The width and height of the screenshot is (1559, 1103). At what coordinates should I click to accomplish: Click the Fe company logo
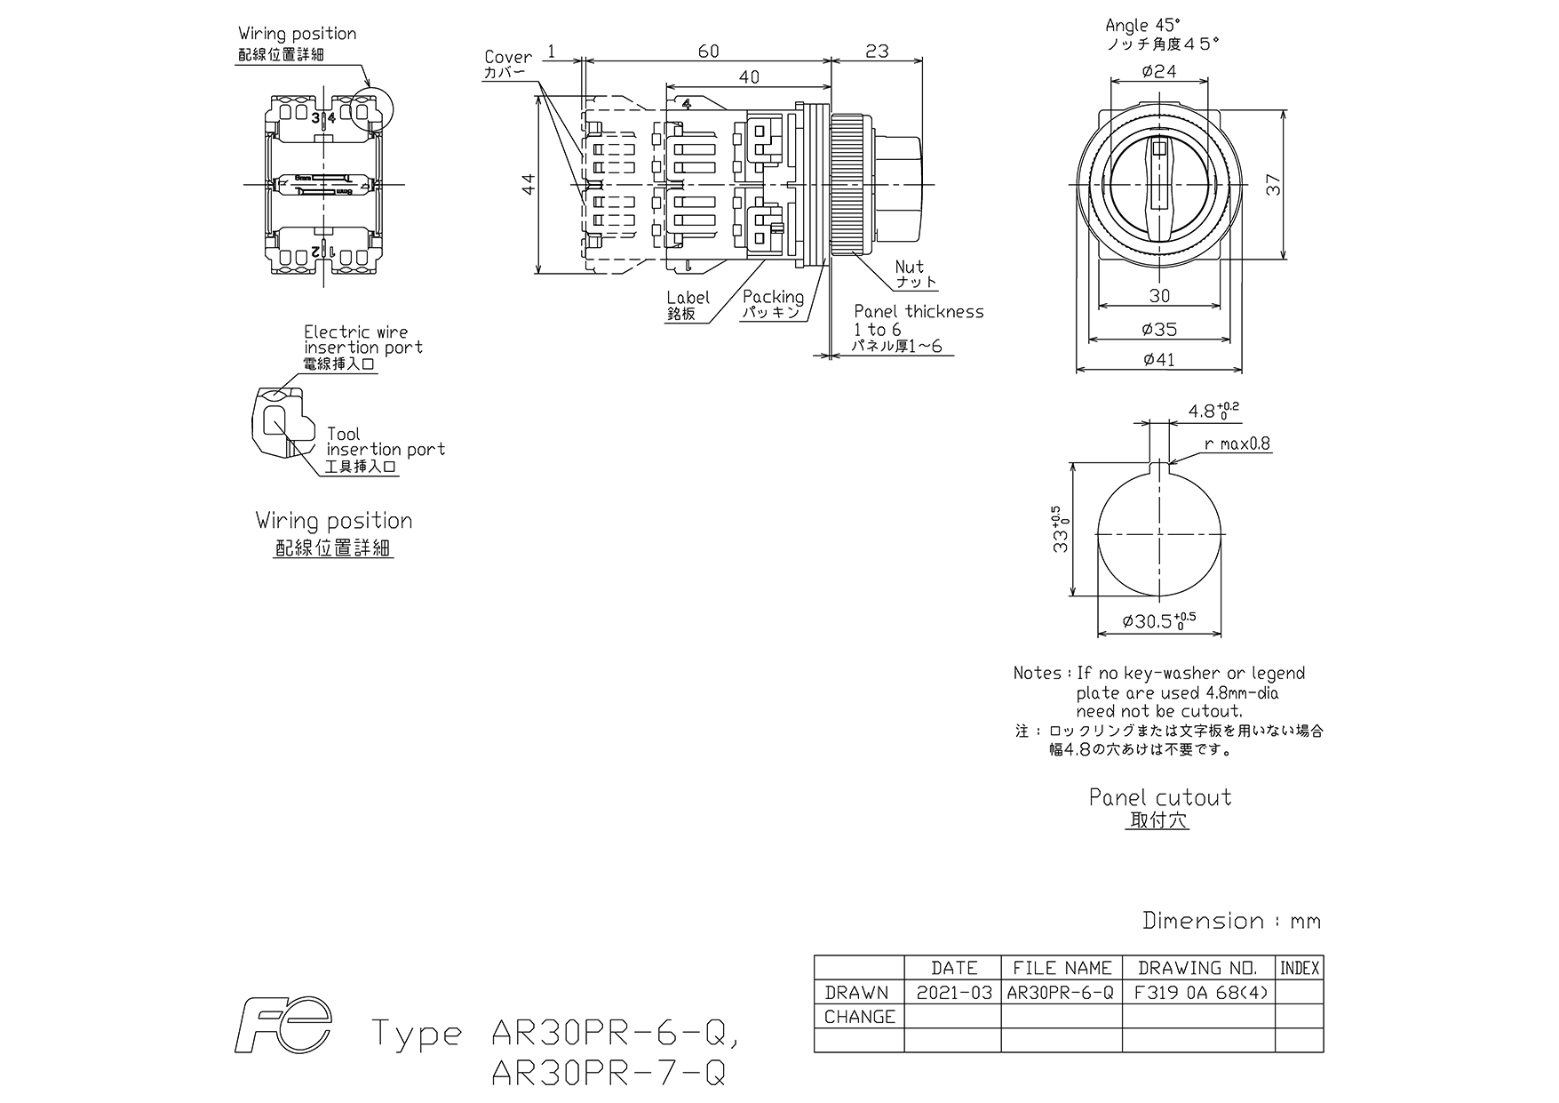282,1025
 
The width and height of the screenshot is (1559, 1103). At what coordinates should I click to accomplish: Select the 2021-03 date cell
953,992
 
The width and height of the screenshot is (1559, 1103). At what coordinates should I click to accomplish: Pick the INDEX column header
1299,968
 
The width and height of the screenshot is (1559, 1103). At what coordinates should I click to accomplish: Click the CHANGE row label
860,1017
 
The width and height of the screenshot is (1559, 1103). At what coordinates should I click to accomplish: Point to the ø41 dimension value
1159,359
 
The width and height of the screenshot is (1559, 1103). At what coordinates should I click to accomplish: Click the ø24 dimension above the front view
1159,71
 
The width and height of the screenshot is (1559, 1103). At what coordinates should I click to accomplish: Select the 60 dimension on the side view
708,52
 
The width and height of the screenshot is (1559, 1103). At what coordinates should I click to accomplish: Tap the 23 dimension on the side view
877,52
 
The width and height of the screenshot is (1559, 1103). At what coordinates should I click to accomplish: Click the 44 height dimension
528,184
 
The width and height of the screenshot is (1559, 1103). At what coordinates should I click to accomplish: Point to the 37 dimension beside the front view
1274,184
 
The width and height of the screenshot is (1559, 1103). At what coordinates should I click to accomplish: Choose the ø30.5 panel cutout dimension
1158,620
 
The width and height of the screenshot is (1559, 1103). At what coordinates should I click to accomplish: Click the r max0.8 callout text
1237,444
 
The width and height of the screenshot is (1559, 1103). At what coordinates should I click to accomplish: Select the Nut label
909,267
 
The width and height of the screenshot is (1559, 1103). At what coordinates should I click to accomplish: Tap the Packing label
773,297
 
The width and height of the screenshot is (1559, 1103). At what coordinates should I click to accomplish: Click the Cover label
508,57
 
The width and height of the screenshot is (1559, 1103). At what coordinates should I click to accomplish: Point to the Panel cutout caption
1160,797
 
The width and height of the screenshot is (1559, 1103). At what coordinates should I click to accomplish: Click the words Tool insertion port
386,442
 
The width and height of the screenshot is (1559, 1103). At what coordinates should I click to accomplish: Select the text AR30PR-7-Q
608,1074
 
